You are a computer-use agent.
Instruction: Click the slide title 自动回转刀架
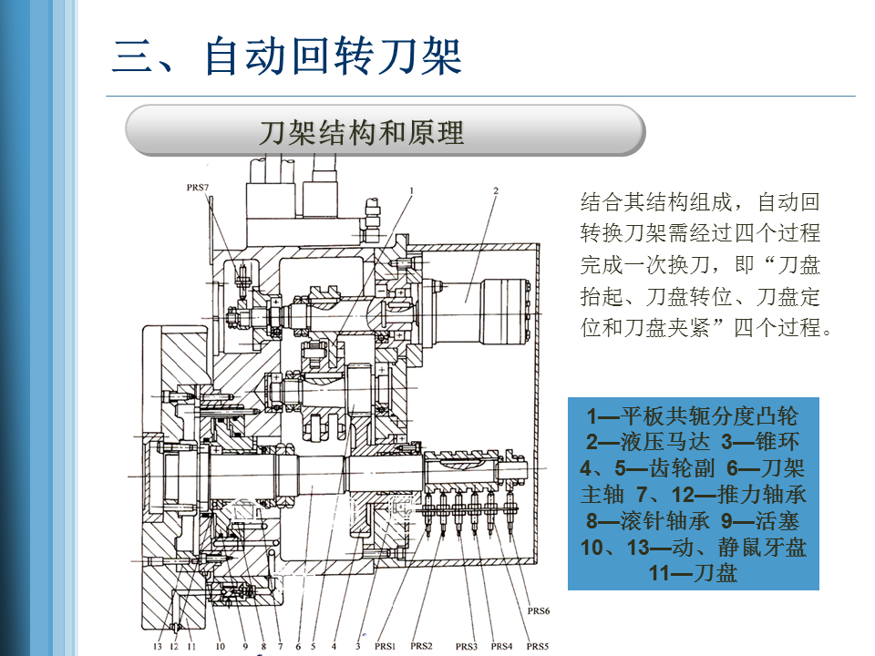[x=334, y=56]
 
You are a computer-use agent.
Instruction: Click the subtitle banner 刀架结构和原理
[x=362, y=133]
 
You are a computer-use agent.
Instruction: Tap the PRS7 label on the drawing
[x=198, y=187]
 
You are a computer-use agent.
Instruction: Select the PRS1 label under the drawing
[x=385, y=646]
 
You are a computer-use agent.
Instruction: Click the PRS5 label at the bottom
[x=538, y=646]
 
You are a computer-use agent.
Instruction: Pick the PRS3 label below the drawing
[x=466, y=646]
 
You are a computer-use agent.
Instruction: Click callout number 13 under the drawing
[x=158, y=646]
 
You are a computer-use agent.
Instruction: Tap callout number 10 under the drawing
[x=220, y=646]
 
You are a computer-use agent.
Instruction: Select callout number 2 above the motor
[x=496, y=191]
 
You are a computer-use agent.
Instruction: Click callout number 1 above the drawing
[x=412, y=191]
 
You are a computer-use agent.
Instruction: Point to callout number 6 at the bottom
[x=297, y=646]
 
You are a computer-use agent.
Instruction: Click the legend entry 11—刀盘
[x=693, y=573]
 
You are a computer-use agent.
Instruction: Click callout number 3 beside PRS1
[x=358, y=646]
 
